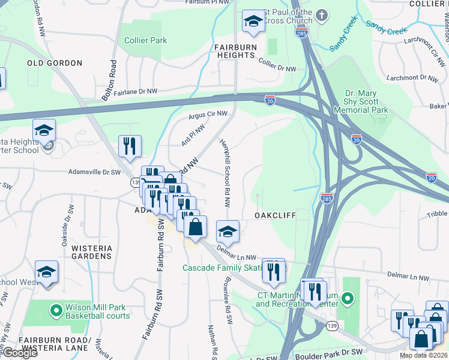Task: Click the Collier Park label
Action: [146, 40]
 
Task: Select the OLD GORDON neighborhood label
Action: [54, 63]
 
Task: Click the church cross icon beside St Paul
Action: [322, 15]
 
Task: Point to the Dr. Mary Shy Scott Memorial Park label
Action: [366, 101]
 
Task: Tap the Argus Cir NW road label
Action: [208, 113]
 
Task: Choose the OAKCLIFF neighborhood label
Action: [276, 215]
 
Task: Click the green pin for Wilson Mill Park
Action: [56, 310]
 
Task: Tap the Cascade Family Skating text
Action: [222, 267]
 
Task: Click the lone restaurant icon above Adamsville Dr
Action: [130, 146]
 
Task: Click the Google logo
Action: [19, 353]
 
